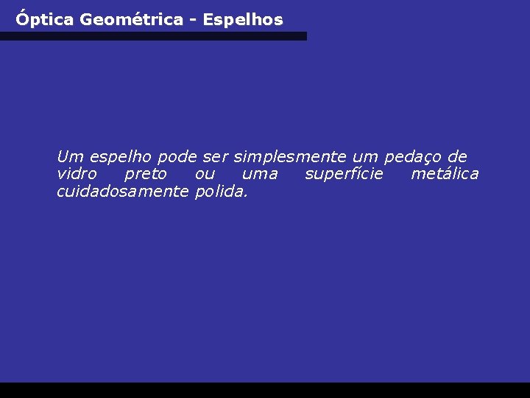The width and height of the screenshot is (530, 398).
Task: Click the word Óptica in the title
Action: coord(45,20)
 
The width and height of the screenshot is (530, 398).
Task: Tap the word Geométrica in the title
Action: coord(131,20)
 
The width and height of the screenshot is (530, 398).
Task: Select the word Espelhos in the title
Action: coord(243,20)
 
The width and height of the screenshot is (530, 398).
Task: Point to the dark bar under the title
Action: coord(153,36)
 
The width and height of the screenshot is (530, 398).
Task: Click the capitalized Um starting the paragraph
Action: coord(70,157)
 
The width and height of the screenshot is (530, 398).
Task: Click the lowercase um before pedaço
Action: coord(366,157)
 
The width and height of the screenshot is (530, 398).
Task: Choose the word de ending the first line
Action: coord(457,157)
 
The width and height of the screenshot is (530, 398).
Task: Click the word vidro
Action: coord(77,175)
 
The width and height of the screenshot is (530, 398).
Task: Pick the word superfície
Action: coord(344,175)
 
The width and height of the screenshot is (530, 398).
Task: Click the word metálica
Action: coord(445,175)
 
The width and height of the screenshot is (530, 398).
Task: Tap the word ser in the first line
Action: coord(216,157)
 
